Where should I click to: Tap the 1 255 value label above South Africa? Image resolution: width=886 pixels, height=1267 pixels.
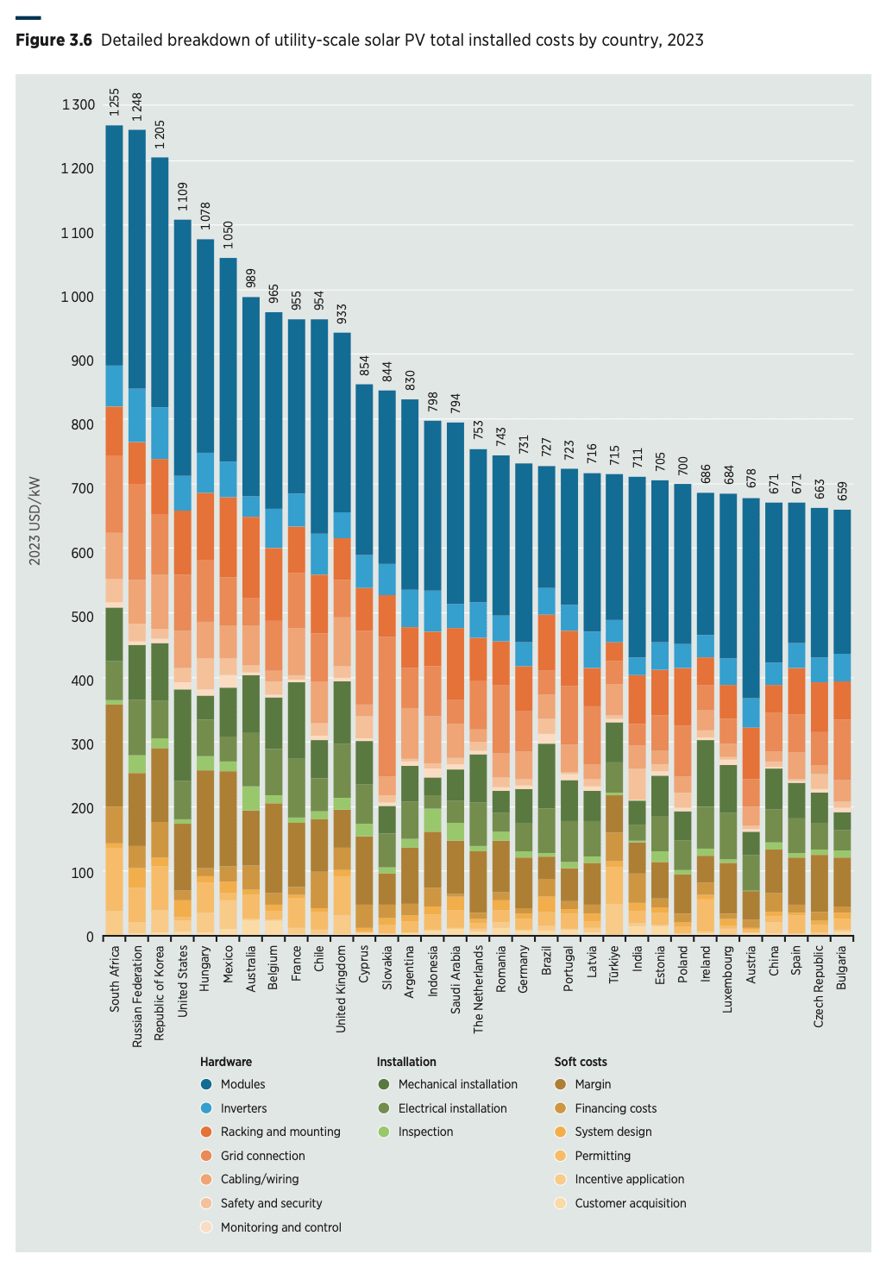coord(114,102)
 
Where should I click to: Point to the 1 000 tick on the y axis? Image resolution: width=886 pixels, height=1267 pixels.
coord(78,297)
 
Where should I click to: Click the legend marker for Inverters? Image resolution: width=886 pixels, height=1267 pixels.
coord(207,1108)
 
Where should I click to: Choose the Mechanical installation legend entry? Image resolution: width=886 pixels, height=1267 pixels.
coord(457,1084)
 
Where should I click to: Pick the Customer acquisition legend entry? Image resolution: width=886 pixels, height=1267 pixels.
coord(630,1203)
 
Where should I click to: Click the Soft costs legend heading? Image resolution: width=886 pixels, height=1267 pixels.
coord(581,1062)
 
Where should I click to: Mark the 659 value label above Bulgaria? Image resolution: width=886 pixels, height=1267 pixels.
coord(842,492)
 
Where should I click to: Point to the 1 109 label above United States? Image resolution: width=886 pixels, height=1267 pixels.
coord(183,197)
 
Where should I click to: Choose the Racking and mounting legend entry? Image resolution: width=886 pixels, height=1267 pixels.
coord(280,1132)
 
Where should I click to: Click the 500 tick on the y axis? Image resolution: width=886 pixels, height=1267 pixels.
coord(83,617)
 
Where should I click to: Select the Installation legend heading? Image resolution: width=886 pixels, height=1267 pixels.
coord(405,1062)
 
